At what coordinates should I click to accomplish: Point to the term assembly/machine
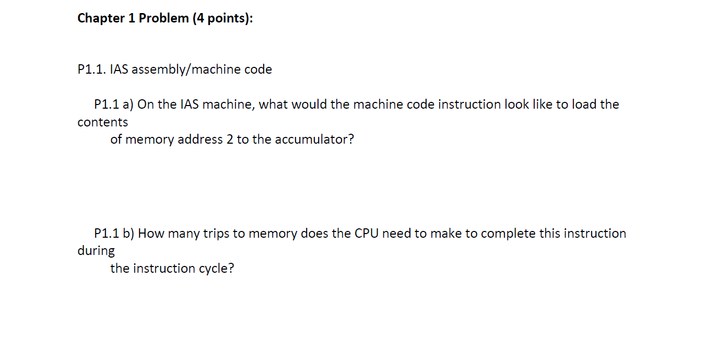pyautogui.click(x=202, y=69)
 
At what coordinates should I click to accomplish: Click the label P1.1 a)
pyautogui.click(x=114, y=104)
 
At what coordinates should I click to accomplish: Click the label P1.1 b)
pyautogui.click(x=114, y=233)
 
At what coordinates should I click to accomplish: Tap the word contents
pyautogui.click(x=102, y=122)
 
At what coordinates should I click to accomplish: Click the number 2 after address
pyautogui.click(x=230, y=140)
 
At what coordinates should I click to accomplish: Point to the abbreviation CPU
pyautogui.click(x=367, y=233)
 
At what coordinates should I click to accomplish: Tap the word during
pyautogui.click(x=96, y=251)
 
